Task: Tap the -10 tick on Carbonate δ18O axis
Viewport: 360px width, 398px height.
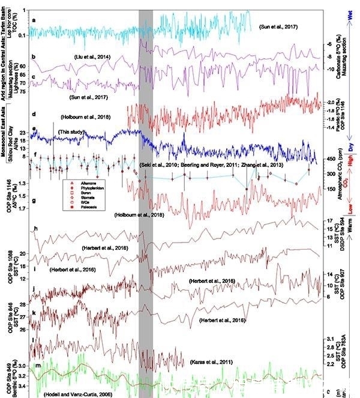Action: (329, 70)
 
